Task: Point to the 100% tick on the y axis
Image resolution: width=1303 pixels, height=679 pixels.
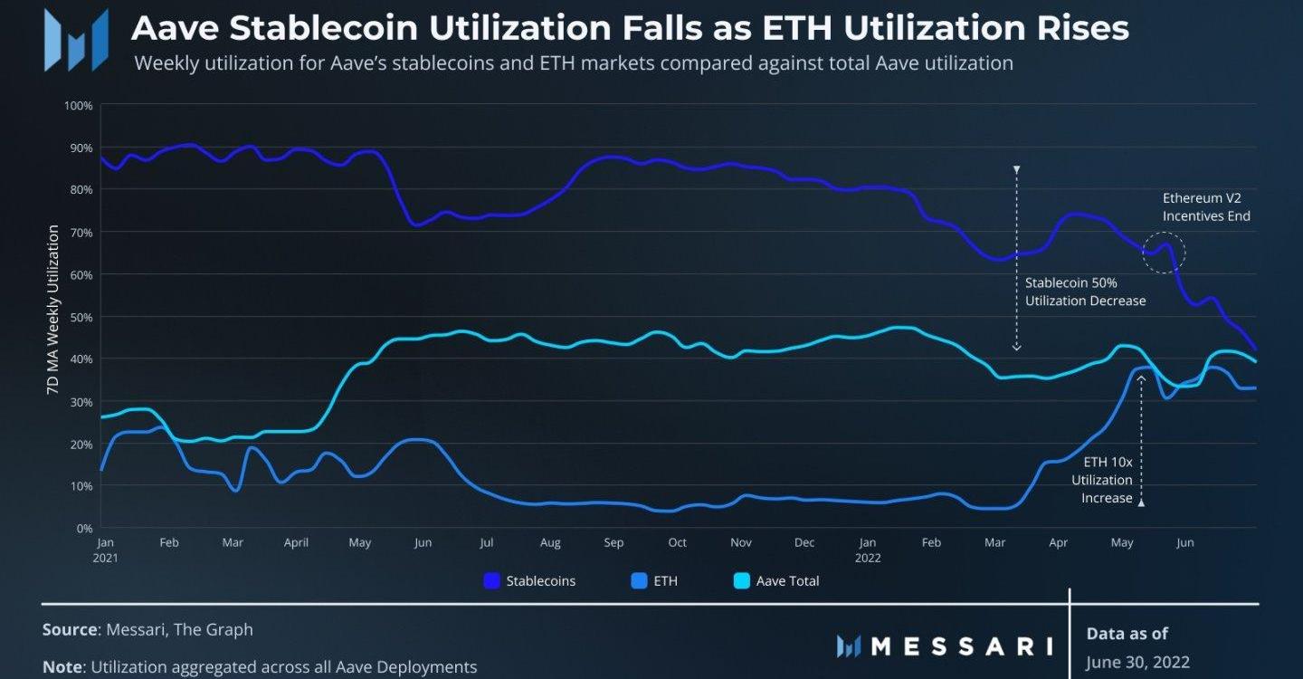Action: [x=79, y=106]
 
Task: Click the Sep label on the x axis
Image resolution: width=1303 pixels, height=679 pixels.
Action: [x=613, y=543]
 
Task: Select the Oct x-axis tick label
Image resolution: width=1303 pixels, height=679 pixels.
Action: [x=677, y=543]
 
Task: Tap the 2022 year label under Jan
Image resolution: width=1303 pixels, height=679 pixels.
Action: [x=868, y=559]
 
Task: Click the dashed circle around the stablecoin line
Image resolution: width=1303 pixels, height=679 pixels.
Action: [x=1164, y=253]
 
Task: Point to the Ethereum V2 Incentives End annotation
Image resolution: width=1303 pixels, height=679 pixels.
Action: [x=1206, y=206]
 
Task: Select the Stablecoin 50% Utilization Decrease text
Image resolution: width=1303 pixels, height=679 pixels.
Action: [x=1085, y=292]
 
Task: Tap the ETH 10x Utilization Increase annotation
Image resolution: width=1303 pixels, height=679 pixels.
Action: [x=1102, y=480]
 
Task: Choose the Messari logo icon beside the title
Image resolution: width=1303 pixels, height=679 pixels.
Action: [x=77, y=41]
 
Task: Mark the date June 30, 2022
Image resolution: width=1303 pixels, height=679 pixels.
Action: [x=1137, y=662]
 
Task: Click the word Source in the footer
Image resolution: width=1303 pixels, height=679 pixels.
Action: [x=70, y=629]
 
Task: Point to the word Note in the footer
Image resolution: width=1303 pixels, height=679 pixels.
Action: [x=62, y=667]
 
